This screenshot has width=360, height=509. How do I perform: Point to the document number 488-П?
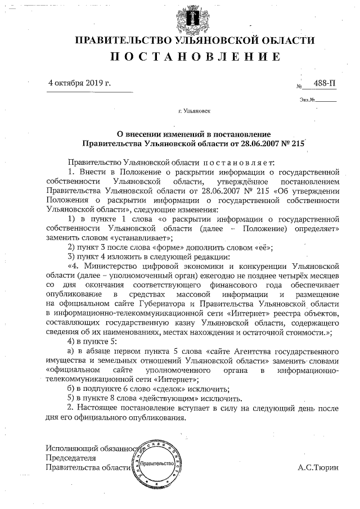point(325,83)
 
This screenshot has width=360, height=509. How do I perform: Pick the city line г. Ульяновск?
point(194,111)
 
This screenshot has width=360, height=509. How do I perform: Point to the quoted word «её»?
point(263,247)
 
